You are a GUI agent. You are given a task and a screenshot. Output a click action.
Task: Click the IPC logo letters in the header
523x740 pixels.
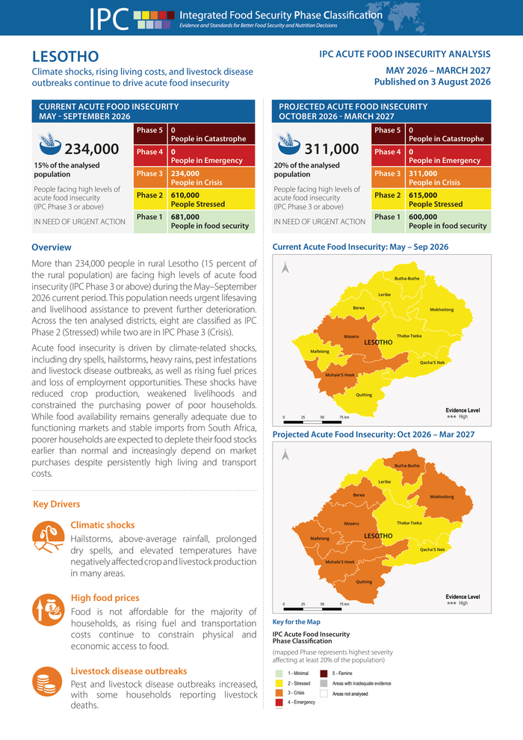tap(109, 19)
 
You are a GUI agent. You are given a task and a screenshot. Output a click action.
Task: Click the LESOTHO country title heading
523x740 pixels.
tap(65, 57)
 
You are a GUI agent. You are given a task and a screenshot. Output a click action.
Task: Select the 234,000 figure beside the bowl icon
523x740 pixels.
tap(91, 149)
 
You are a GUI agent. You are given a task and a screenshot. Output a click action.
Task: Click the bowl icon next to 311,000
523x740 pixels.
tap(289, 144)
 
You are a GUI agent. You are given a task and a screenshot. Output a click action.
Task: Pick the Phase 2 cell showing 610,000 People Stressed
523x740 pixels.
tap(194, 200)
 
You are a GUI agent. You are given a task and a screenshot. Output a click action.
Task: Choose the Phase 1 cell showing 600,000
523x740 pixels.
tap(431, 221)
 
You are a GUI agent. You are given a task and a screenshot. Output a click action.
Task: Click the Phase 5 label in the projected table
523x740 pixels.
tap(388, 130)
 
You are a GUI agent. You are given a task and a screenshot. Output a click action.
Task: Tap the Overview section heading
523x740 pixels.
tap(52, 247)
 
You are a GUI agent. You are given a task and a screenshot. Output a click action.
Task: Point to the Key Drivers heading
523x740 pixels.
tap(57, 504)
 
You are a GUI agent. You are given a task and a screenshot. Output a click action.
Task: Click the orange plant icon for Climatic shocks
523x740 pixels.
tap(48, 537)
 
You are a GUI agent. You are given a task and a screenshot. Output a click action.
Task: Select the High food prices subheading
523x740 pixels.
tap(105, 598)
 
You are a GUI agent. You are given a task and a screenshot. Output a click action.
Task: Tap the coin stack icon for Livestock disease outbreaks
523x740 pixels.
tap(47, 682)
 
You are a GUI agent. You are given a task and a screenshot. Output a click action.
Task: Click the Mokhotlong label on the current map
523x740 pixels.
tap(442, 309)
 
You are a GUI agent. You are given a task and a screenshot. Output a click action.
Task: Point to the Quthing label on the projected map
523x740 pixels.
tap(364, 582)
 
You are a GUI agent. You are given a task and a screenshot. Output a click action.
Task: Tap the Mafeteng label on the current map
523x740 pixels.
tap(320, 351)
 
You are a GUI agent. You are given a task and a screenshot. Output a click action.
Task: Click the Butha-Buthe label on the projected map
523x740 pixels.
tap(407, 466)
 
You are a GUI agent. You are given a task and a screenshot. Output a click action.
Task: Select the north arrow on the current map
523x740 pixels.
tap(285, 268)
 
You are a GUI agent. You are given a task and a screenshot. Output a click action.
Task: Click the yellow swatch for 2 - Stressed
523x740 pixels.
tap(279, 683)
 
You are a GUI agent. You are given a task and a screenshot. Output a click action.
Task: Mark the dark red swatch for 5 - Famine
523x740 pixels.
tap(324, 673)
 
